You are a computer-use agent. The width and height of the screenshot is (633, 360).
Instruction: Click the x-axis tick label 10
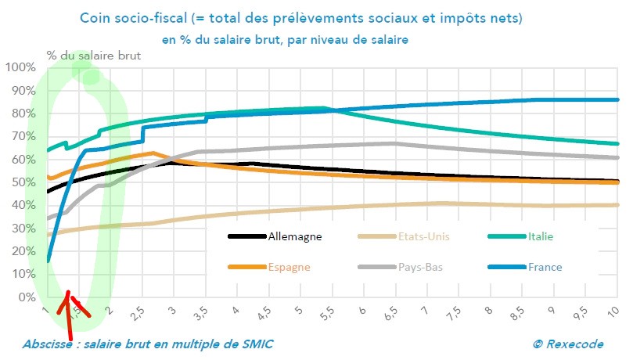tap(613, 311)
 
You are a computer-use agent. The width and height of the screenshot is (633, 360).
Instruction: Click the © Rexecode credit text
tap(570, 344)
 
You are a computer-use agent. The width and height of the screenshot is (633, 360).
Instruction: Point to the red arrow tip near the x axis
tap(68, 292)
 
